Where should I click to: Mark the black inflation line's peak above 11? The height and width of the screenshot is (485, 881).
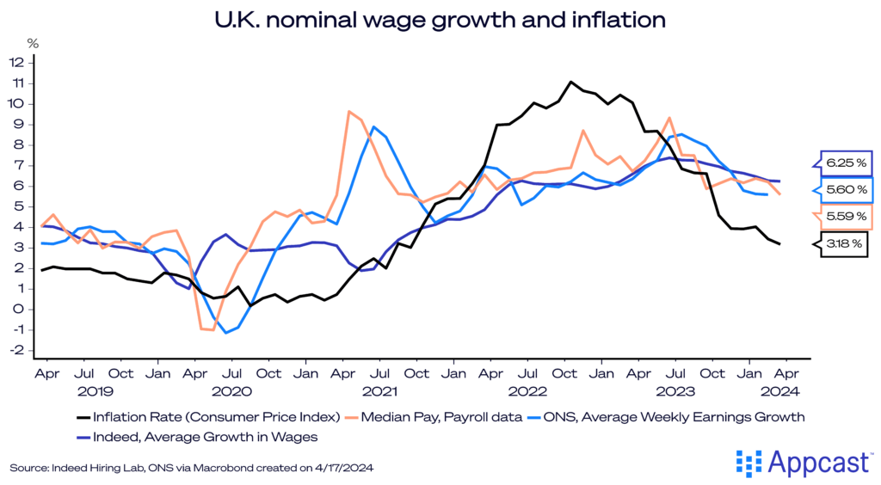(x=570, y=82)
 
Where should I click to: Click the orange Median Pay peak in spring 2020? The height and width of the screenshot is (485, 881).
(x=348, y=111)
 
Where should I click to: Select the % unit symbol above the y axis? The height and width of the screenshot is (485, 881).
(x=33, y=41)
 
